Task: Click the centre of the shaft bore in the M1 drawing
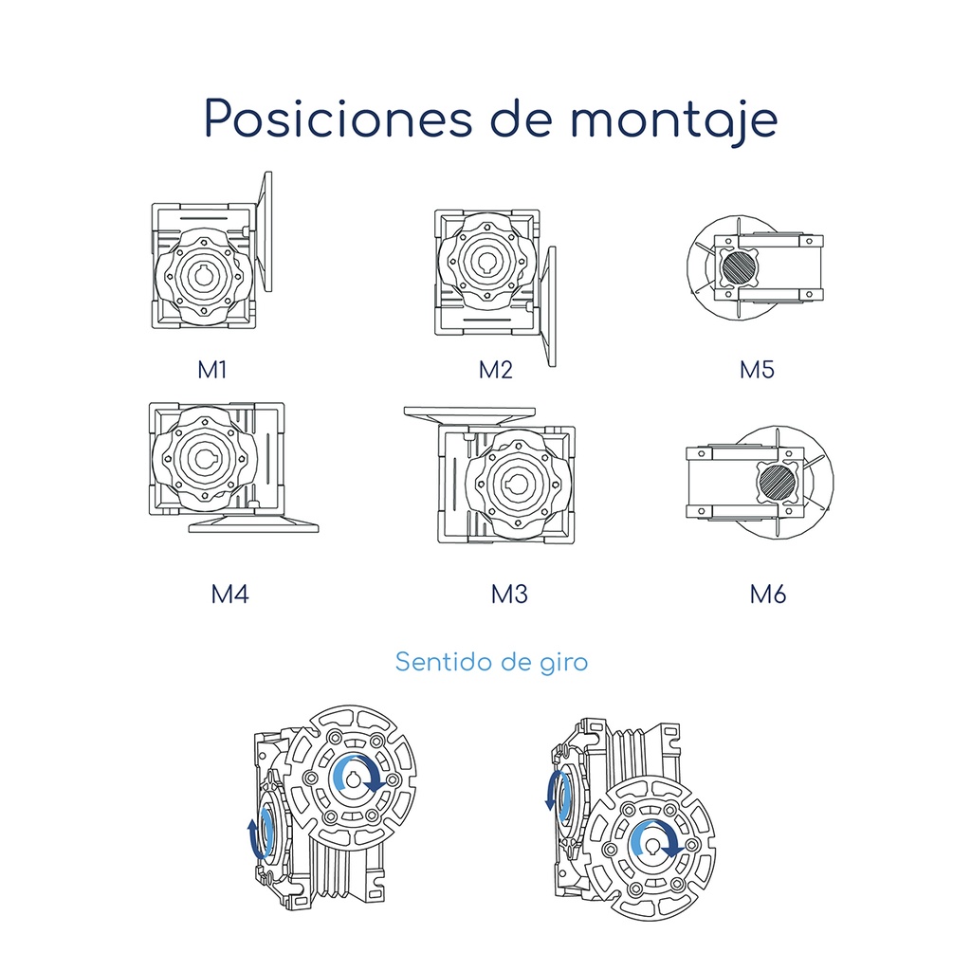[203, 276]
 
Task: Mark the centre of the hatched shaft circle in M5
[740, 266]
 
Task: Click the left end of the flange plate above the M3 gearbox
[405, 412]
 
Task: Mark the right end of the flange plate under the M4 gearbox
[319, 527]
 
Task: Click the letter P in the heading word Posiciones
[217, 118]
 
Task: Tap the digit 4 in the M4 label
[241, 594]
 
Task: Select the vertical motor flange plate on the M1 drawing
[267, 231]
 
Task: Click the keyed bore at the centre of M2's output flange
[485, 260]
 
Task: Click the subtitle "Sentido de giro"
[491, 662]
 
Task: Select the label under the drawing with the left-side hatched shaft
[757, 370]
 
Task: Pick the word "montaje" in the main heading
[674, 120]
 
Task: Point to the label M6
[768, 594]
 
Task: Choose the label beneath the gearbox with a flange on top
[509, 594]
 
